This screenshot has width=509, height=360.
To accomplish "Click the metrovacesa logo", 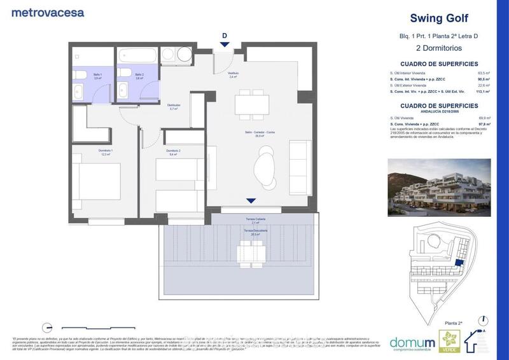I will tap(48, 12).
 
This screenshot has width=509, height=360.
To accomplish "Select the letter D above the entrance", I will tap(224, 35).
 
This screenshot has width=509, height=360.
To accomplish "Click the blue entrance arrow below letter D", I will tap(224, 44).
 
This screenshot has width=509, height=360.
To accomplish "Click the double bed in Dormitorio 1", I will tap(95, 185).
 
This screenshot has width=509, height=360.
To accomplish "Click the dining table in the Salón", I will tap(251, 103).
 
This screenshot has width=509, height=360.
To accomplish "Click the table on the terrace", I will tap(251, 253).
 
